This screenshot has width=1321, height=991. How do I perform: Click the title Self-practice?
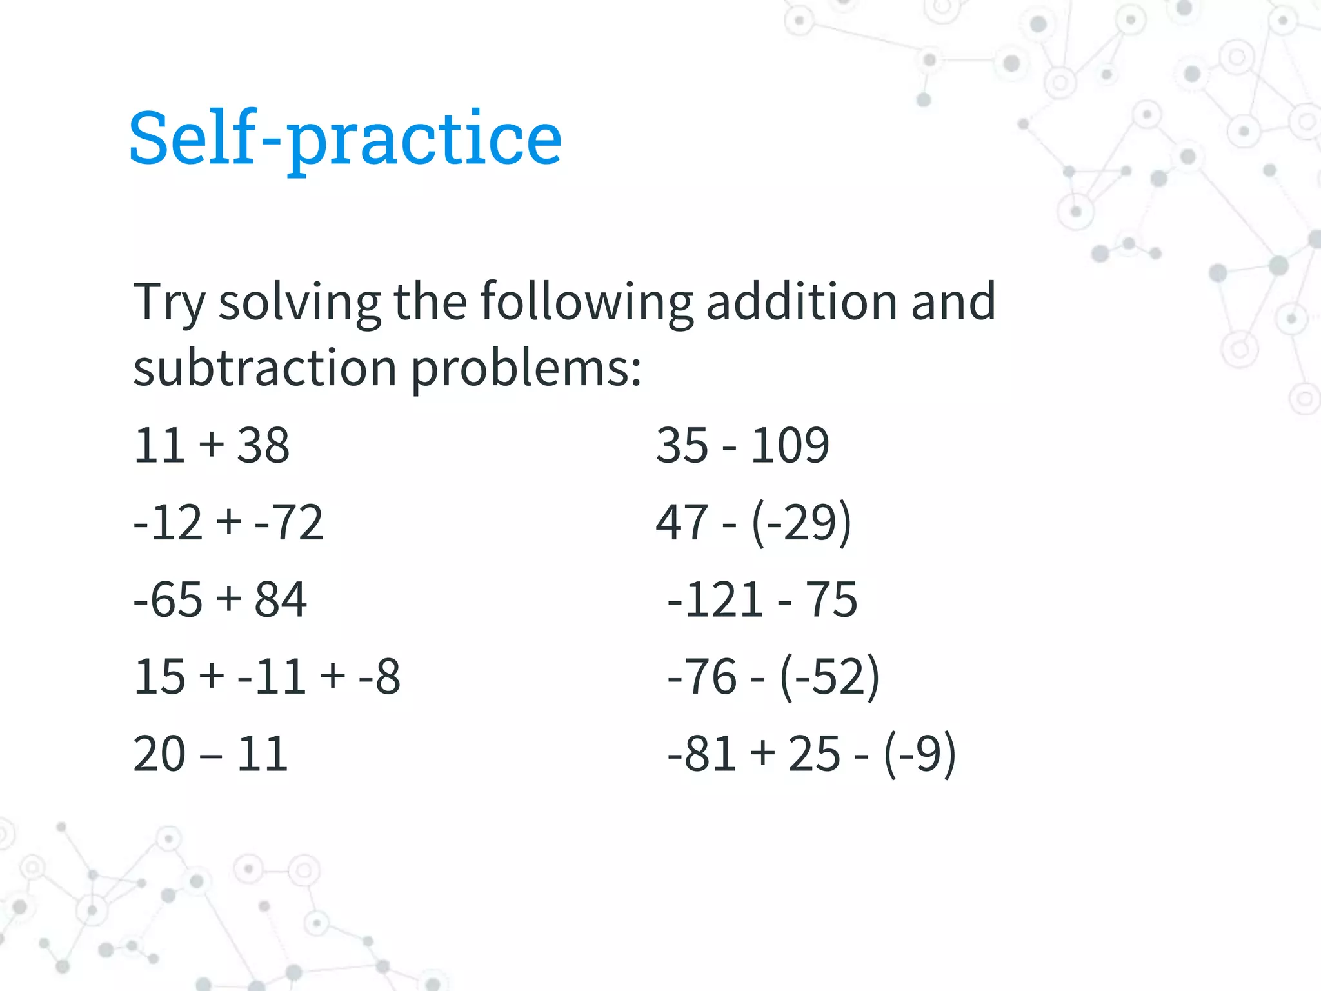pyautogui.click(x=345, y=139)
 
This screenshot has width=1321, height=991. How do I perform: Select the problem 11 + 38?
pyautogui.click(x=212, y=445)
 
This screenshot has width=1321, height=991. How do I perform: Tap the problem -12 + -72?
pyautogui.click(x=228, y=522)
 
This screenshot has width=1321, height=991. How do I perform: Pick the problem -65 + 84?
pyautogui.click(x=220, y=599)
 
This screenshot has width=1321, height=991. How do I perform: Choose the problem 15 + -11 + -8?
pyautogui.click(x=267, y=677)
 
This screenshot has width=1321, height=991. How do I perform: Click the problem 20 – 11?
pyautogui.click(x=211, y=754)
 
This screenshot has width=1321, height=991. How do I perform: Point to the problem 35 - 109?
pyautogui.click(x=742, y=445)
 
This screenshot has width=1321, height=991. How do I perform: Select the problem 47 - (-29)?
pyautogui.click(x=753, y=522)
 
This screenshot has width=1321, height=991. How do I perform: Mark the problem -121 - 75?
pyautogui.click(x=762, y=599)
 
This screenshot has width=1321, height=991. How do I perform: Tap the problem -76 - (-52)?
pyautogui.click(x=773, y=677)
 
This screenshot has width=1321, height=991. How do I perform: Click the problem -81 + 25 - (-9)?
pyautogui.click(x=811, y=754)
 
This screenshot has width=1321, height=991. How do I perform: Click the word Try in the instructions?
pyautogui.click(x=170, y=302)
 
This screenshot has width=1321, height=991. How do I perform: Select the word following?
pyautogui.click(x=586, y=302)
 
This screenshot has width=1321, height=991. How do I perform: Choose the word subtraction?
pyautogui.click(x=264, y=368)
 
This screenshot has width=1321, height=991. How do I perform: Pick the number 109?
pyautogui.click(x=790, y=445)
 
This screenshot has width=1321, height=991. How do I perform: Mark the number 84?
pyautogui.click(x=281, y=599)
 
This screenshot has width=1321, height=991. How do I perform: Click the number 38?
pyautogui.click(x=263, y=445)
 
